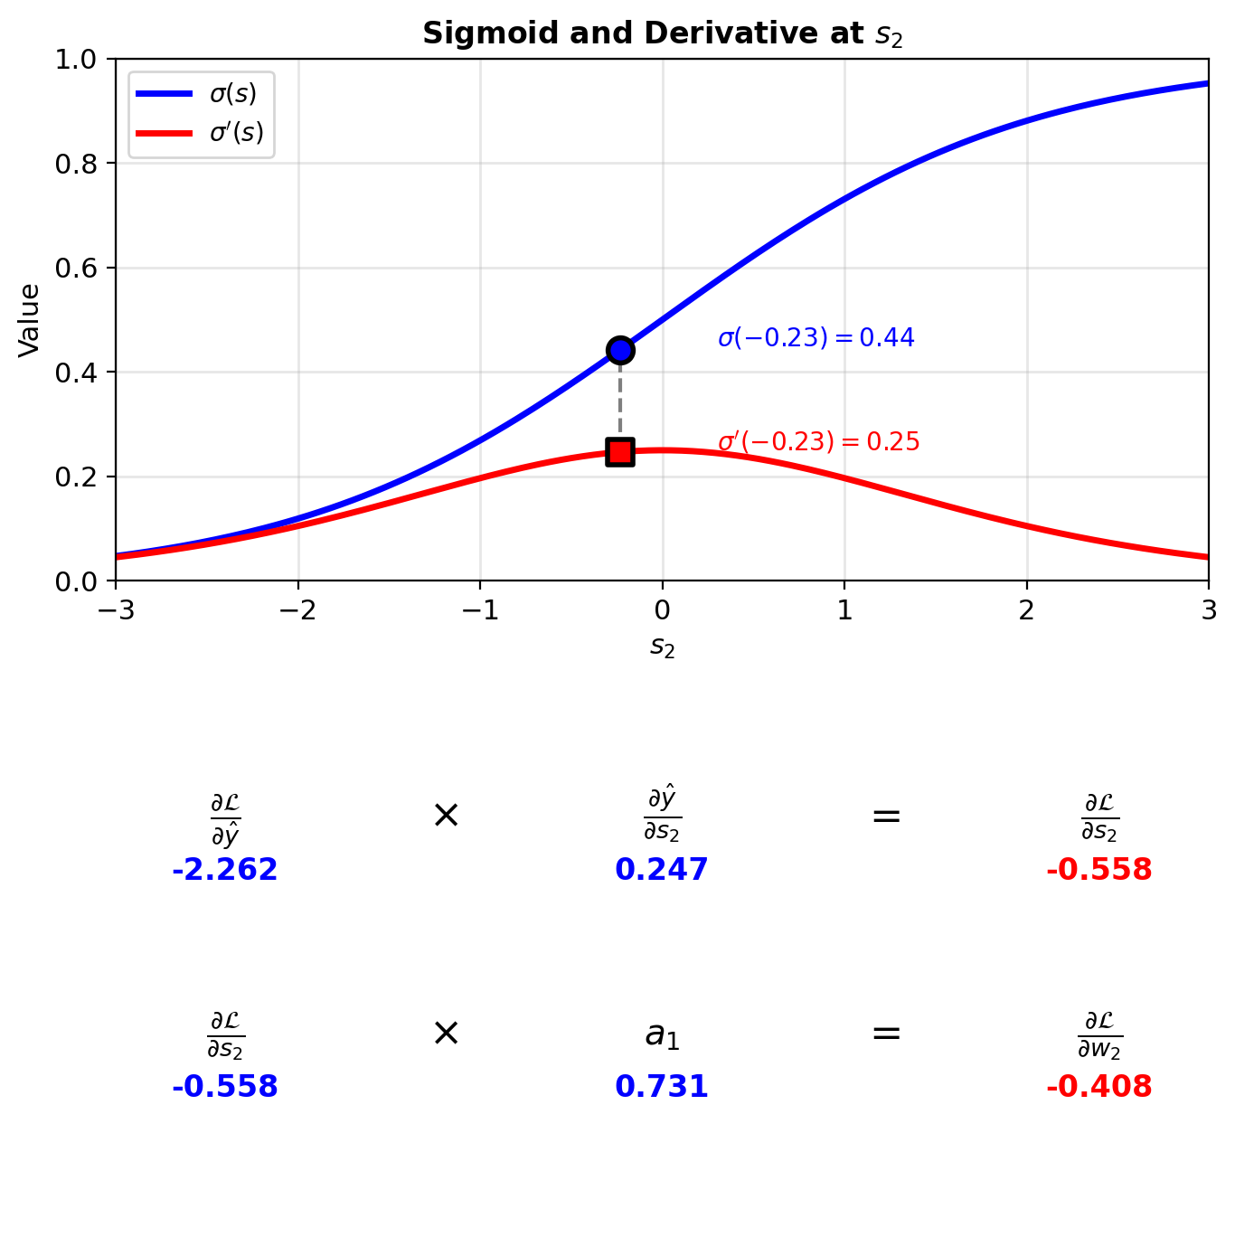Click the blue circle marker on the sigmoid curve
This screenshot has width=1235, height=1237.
tap(620, 350)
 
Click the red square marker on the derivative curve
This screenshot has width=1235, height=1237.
tap(620, 452)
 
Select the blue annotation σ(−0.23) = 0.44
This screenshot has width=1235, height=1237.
tap(815, 338)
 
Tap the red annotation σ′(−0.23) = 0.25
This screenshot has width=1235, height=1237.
tap(818, 442)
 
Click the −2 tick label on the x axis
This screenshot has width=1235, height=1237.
tap(297, 611)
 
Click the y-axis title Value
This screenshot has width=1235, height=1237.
tap(29, 320)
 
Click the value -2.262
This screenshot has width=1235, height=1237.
tap(225, 870)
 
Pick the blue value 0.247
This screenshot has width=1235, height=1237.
tap(662, 870)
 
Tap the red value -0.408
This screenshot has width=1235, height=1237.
tap(1099, 1087)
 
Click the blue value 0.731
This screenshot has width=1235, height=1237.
tap(662, 1087)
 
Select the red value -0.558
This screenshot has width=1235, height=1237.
tap(1099, 870)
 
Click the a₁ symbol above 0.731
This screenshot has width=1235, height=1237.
tap(662, 1035)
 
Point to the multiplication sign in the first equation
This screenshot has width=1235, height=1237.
tap(446, 816)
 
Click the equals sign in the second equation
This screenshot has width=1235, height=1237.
tap(886, 1033)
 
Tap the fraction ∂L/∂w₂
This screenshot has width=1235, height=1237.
tap(1099, 1034)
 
